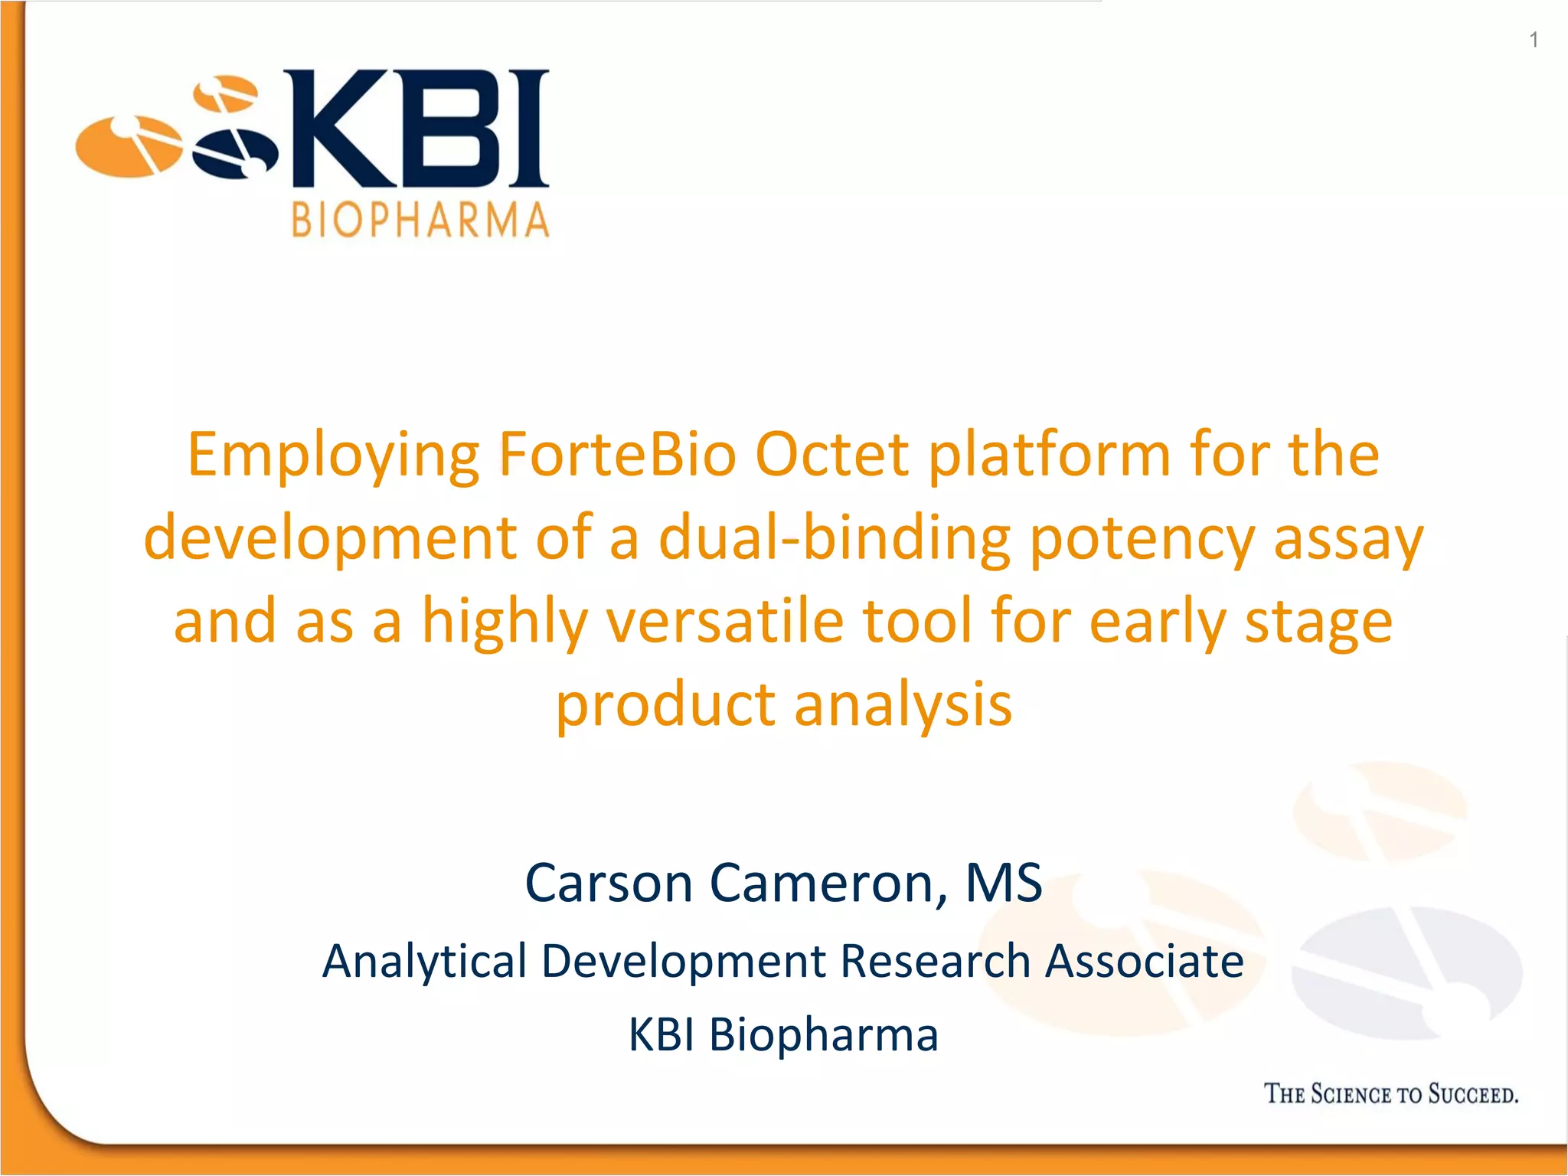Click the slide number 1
[1534, 40]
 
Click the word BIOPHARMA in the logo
[420, 220]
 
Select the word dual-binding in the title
[834, 537]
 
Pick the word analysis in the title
[903, 704]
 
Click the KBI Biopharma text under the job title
[783, 1035]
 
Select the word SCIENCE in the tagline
[1351, 1094]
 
